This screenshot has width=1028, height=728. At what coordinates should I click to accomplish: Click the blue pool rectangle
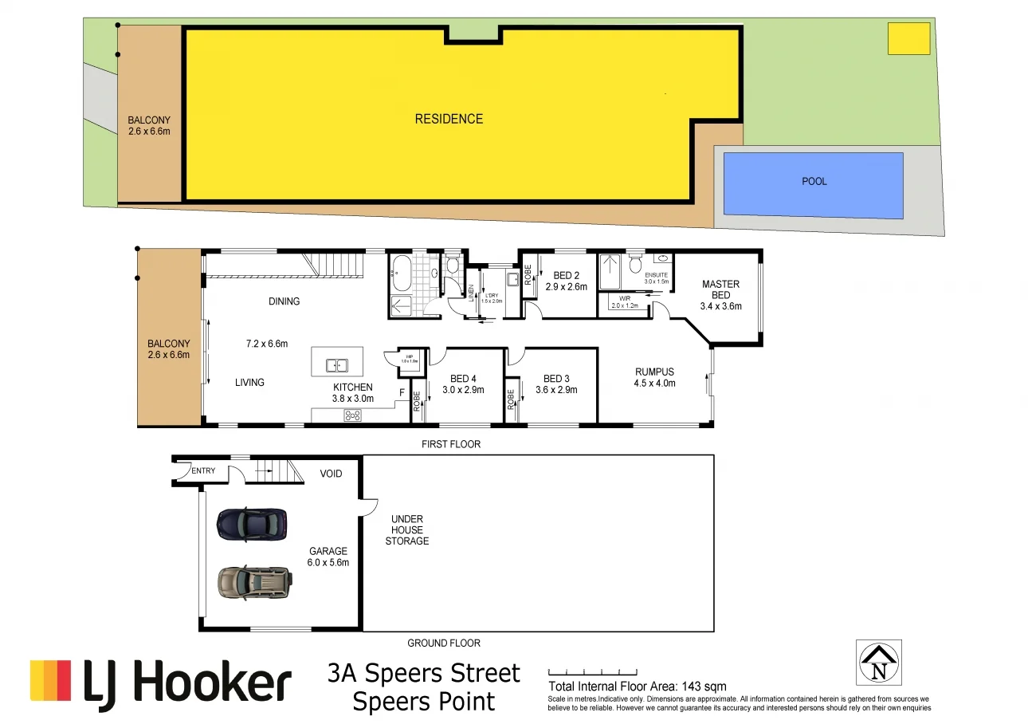813,185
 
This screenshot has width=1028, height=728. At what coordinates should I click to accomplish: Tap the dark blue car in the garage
251,524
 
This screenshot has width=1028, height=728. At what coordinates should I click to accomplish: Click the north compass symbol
879,663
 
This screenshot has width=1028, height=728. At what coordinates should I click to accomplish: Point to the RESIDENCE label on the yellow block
449,119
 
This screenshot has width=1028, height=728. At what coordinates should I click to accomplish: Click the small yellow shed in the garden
908,38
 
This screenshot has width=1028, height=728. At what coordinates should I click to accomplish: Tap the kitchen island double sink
336,365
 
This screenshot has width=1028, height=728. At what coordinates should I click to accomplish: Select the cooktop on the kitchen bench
351,415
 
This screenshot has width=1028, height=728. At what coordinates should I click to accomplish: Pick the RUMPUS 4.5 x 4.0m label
654,377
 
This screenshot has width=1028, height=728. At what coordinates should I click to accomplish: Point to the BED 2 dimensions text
566,287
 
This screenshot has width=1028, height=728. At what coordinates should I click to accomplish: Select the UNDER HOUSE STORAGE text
406,529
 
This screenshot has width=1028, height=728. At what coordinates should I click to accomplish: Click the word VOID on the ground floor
331,474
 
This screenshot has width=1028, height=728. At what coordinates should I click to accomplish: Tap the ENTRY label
203,470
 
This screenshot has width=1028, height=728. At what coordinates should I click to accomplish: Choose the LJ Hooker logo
160,684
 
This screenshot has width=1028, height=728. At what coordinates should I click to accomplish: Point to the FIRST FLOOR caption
451,444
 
